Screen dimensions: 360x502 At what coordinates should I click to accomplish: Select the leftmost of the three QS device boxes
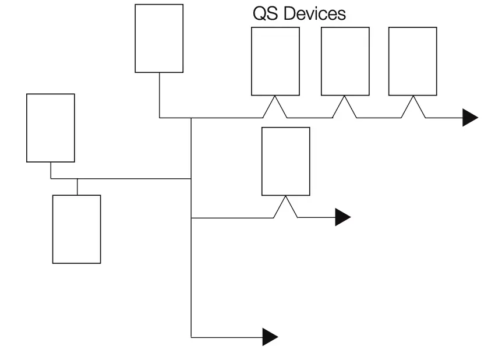(275, 61)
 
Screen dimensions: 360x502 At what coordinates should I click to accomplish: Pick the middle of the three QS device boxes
(345, 61)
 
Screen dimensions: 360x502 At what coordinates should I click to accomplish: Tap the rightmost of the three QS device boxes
(413, 61)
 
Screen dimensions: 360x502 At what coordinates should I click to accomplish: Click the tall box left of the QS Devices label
(159, 38)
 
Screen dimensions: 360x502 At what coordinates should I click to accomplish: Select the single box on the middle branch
(286, 161)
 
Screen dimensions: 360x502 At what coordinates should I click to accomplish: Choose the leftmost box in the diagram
(51, 128)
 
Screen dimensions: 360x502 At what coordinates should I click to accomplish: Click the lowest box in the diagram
(77, 229)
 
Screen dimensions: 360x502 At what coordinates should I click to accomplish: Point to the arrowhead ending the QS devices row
(470, 118)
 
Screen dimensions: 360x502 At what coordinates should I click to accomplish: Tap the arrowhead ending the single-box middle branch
(342, 217)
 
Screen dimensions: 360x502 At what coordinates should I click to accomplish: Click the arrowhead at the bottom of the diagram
(270, 337)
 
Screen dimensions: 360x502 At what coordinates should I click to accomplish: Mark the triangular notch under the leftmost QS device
(275, 107)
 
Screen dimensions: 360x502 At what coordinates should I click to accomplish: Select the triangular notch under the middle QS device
(345, 107)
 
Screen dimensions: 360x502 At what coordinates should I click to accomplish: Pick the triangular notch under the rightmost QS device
(413, 107)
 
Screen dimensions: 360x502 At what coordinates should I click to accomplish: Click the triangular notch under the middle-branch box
(286, 207)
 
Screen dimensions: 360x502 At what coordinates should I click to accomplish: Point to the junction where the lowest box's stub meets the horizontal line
(77, 179)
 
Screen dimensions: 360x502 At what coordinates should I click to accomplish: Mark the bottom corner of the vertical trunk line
(192, 337)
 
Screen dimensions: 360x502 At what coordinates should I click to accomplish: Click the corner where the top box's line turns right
(160, 118)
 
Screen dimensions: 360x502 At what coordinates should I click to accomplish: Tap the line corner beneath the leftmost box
(51, 179)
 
